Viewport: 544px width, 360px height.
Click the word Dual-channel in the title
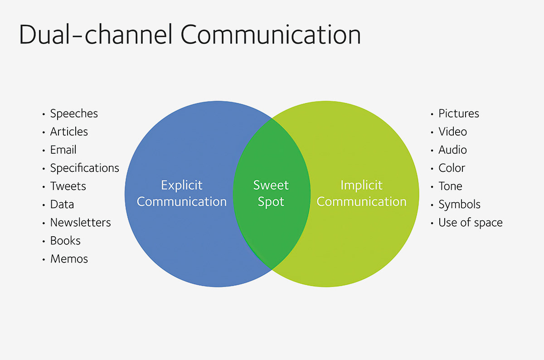coord(96,34)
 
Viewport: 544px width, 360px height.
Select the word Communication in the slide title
coord(271,34)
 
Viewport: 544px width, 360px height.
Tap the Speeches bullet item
coord(74,114)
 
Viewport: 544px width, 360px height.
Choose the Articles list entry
coord(69,131)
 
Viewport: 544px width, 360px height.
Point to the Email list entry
coord(63,150)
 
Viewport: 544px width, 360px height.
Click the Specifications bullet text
coord(84,168)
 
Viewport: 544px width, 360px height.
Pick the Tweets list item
coord(68,186)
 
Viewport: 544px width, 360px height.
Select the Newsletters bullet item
coord(80,223)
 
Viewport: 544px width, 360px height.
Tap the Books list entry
coord(65,241)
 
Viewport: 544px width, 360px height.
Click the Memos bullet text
coord(69,259)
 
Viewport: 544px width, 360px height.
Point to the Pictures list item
coord(459,113)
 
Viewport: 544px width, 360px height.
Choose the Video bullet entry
coord(453,131)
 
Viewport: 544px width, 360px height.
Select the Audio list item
coord(453,150)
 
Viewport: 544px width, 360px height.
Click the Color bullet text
coord(452,168)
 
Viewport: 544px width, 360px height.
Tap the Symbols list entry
coord(460,204)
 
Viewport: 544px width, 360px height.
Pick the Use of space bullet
coord(471,223)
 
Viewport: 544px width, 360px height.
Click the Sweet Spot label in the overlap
coord(271,193)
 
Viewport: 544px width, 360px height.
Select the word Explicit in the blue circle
coord(182,185)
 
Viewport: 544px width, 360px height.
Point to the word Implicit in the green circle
coord(362,185)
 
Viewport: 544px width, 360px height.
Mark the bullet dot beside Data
coord(44,205)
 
